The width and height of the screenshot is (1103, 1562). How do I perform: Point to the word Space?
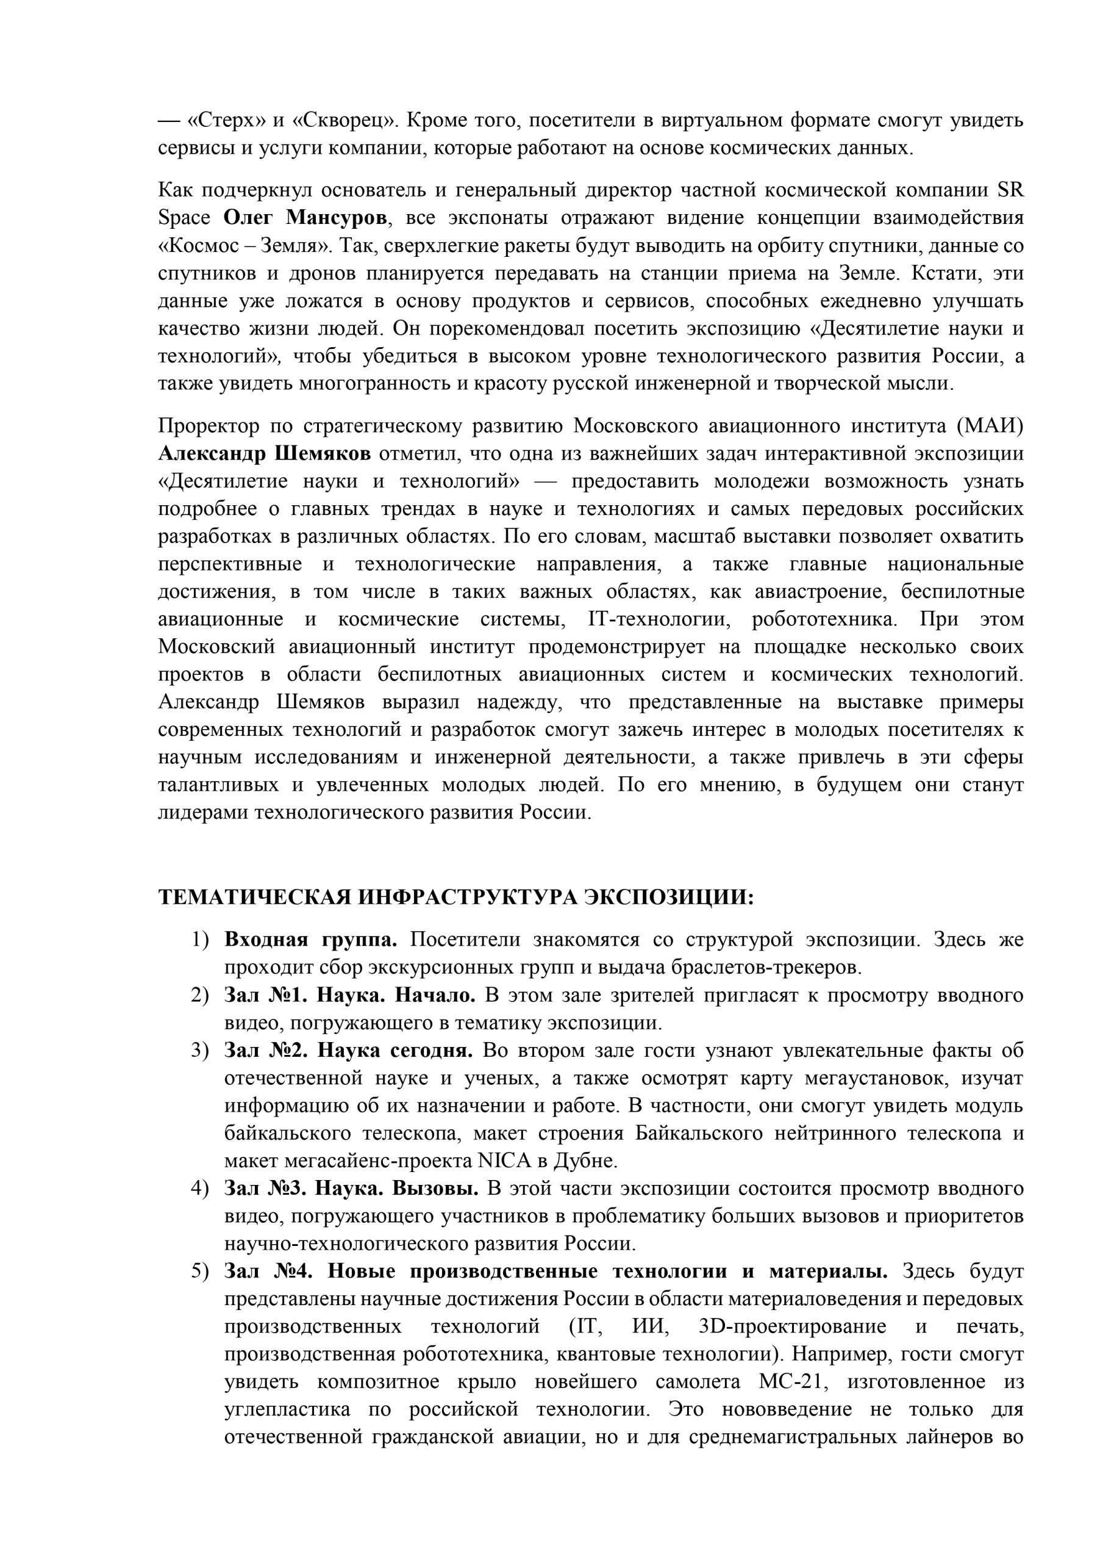[x=184, y=218]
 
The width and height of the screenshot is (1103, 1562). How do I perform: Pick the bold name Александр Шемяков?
[x=265, y=454]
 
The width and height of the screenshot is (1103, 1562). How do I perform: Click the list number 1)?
[x=200, y=940]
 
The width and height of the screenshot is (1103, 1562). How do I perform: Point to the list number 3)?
[x=200, y=1051]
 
